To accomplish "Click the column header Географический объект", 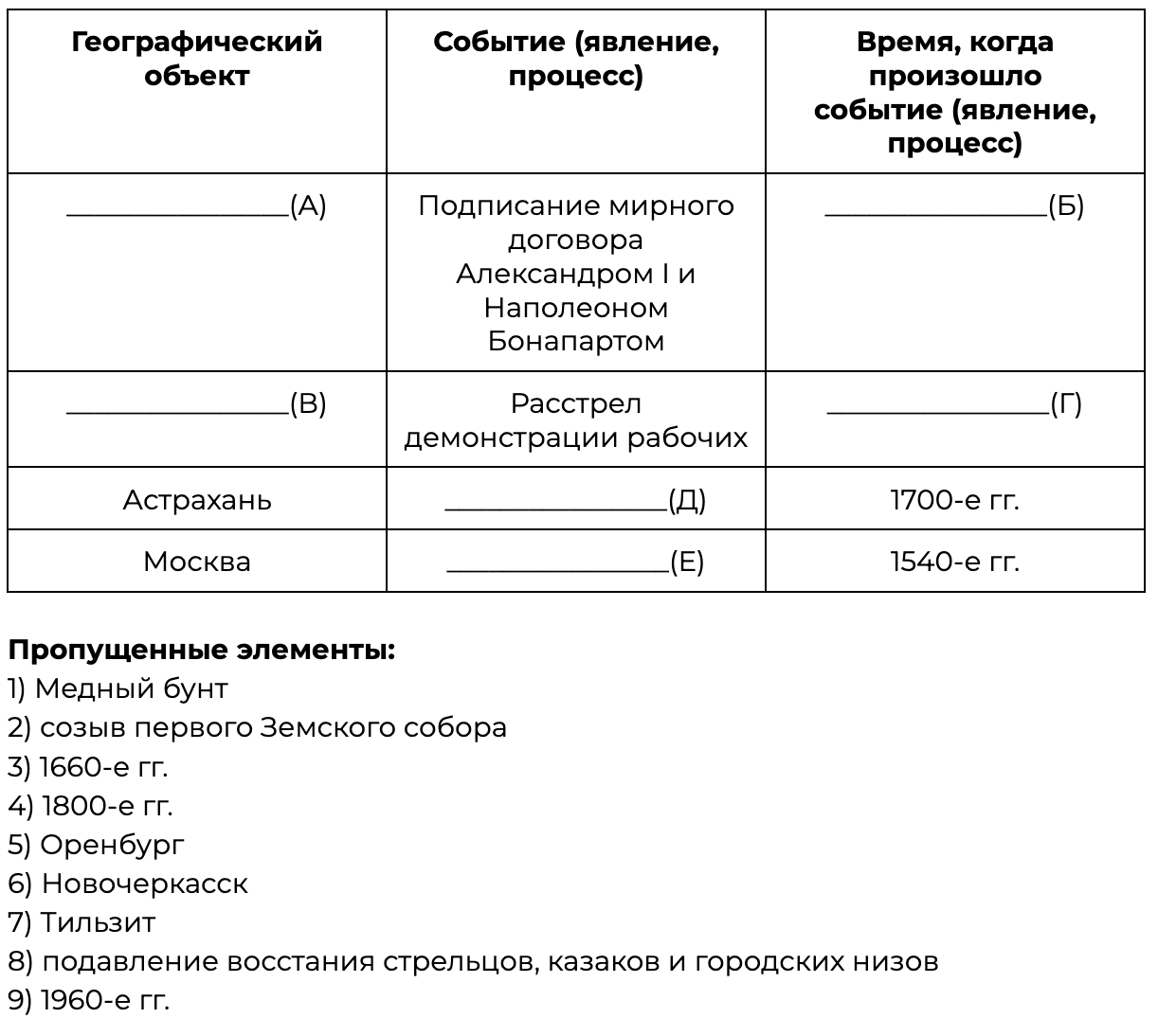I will point(197,59).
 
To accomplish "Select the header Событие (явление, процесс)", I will point(576,59).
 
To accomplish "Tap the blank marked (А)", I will point(178,207).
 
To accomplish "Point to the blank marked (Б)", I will point(936,207).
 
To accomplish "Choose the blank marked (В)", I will point(178,405).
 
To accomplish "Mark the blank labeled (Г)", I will point(938,405).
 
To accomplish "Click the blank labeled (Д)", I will point(556,501).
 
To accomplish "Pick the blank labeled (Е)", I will point(557,563).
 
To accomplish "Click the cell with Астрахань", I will point(197,500).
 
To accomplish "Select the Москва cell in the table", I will point(197,562).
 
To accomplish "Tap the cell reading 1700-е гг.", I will point(955,500).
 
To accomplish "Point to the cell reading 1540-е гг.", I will point(955,562).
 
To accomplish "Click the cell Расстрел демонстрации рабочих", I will point(576,420).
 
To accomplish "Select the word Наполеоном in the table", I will point(576,308).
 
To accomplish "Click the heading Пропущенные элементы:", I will point(202,651).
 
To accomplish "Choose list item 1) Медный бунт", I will point(118,688).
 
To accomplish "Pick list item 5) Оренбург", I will point(97,844).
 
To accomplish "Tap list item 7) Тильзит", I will point(81,921).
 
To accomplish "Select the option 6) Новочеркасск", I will point(128,884).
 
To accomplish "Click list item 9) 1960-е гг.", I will point(89,1000).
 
